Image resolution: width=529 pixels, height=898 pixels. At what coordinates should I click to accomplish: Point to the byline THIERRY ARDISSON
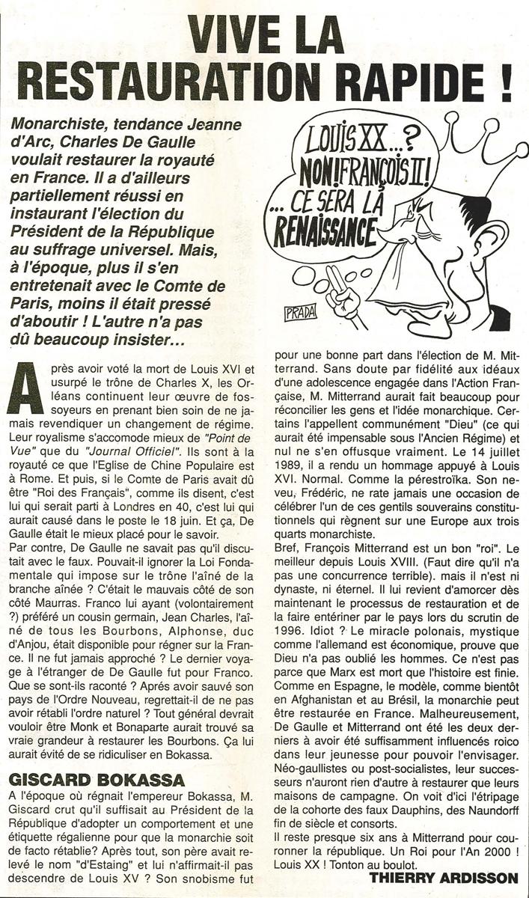pos(443,878)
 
